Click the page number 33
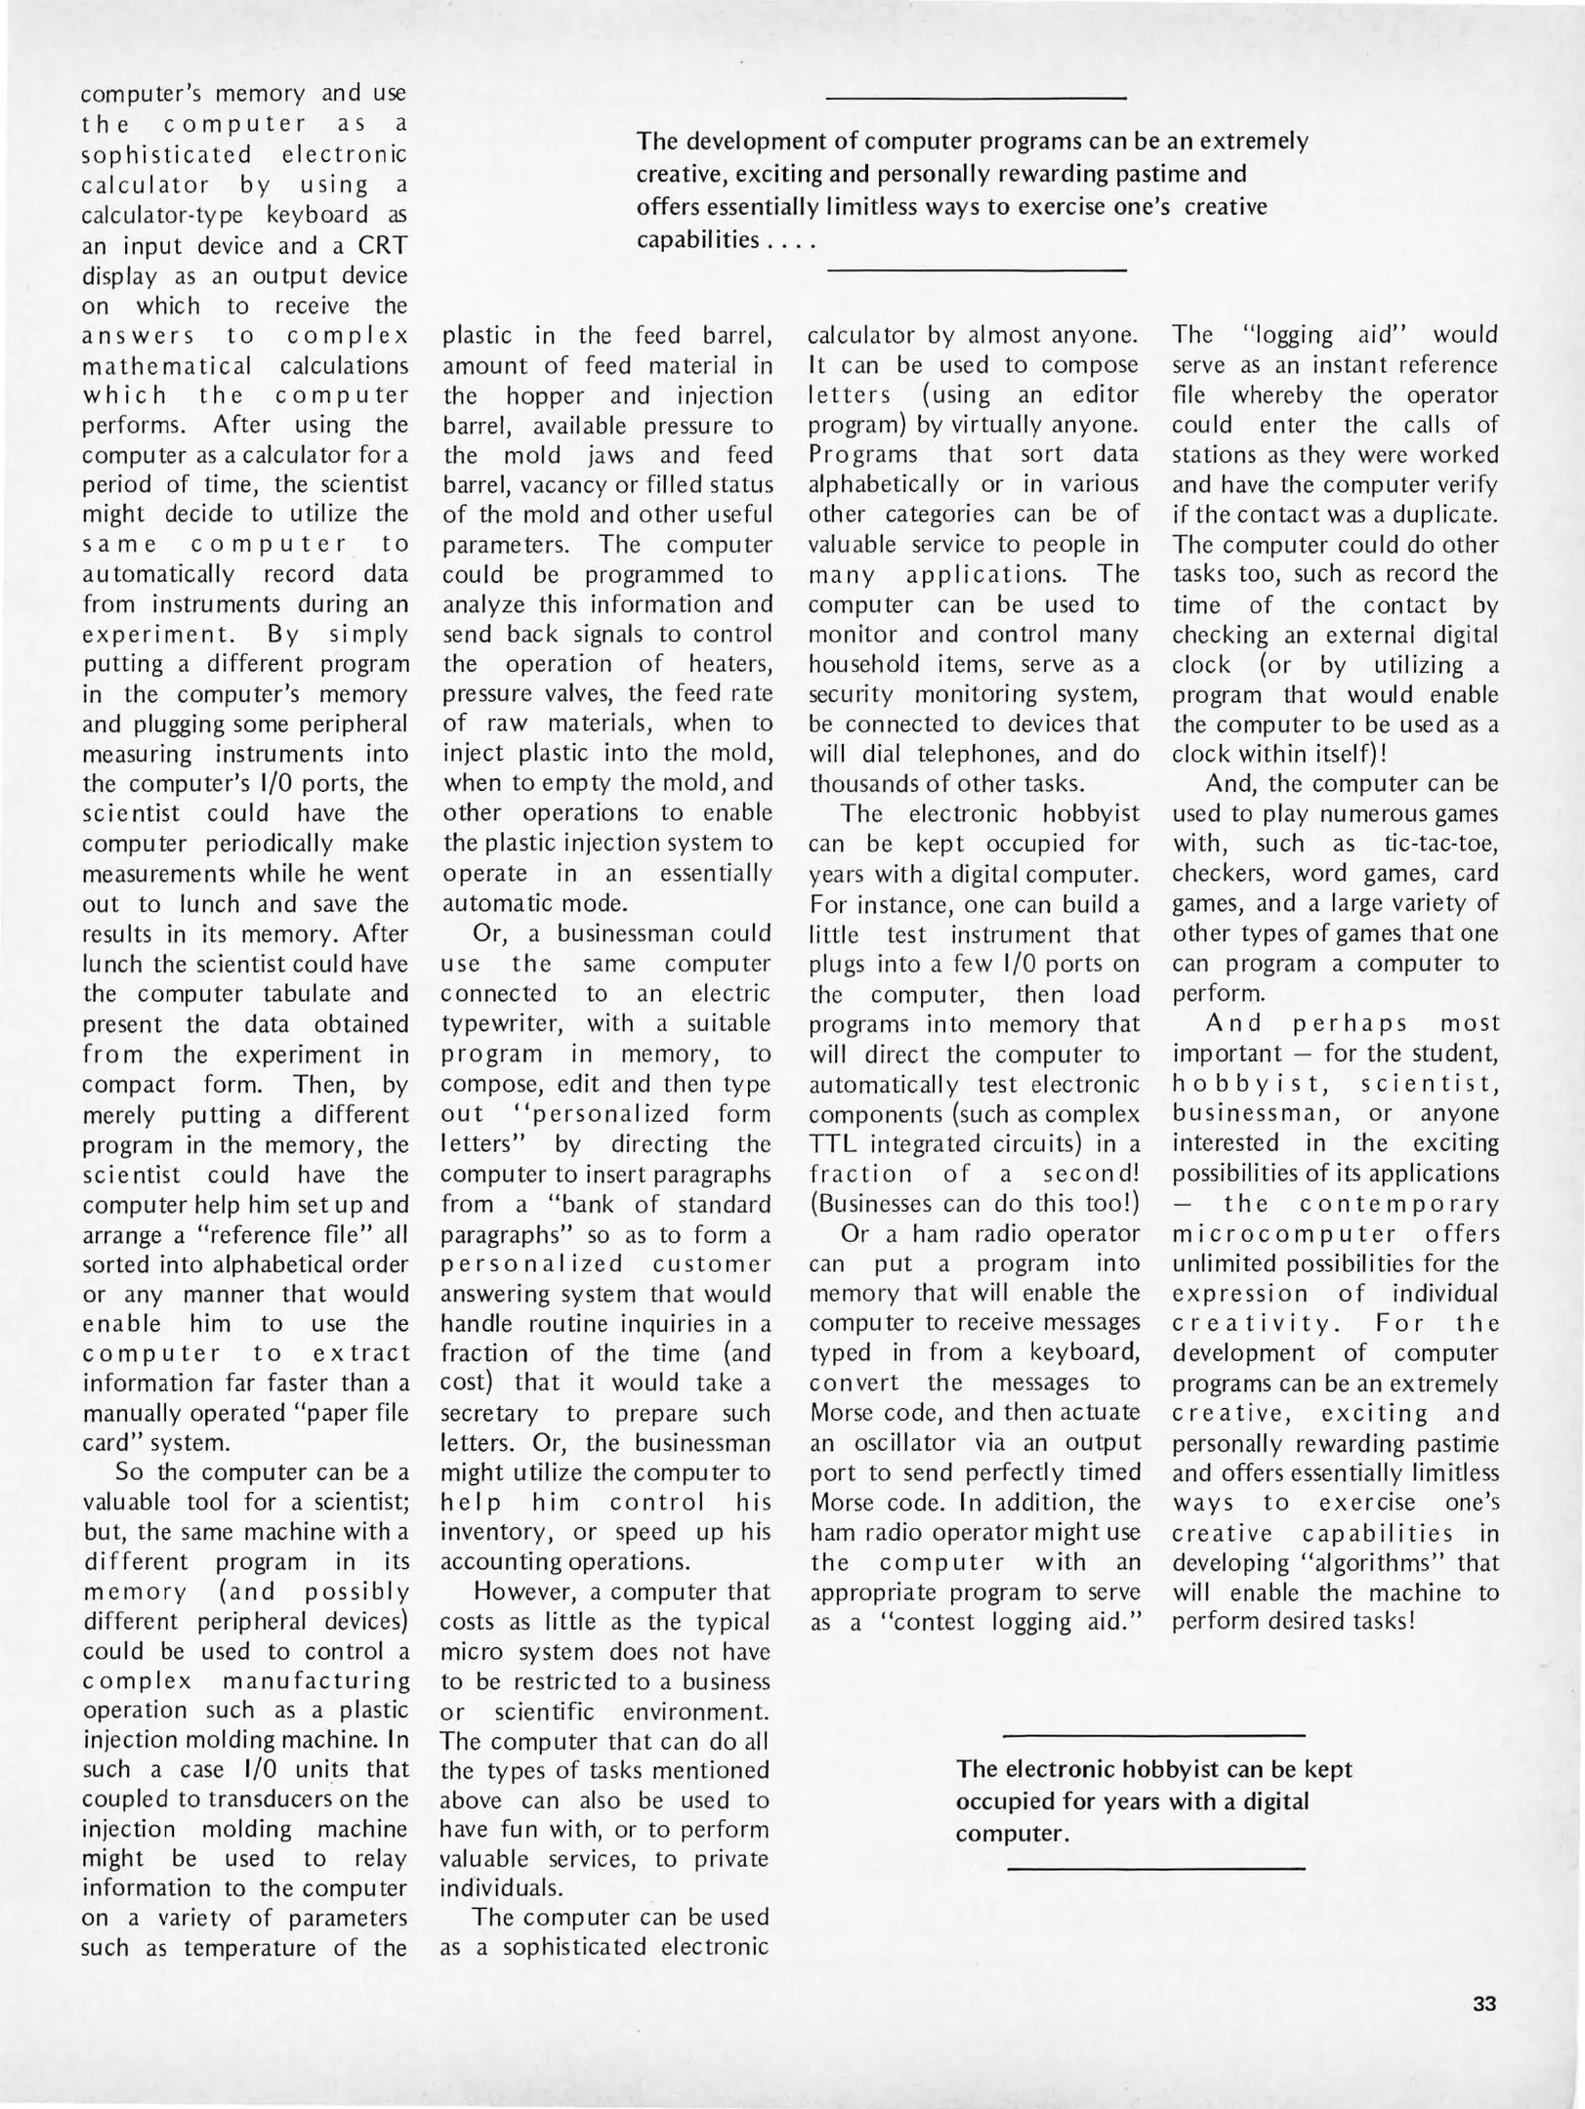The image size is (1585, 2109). click(1484, 2004)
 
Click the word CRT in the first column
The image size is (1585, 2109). click(381, 245)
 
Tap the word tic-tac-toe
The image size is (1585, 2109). click(1441, 844)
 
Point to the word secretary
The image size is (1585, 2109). click(489, 1413)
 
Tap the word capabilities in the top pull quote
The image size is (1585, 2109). click(697, 239)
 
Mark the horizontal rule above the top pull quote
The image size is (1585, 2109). click(976, 98)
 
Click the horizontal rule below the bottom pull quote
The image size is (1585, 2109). click(1155, 1869)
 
